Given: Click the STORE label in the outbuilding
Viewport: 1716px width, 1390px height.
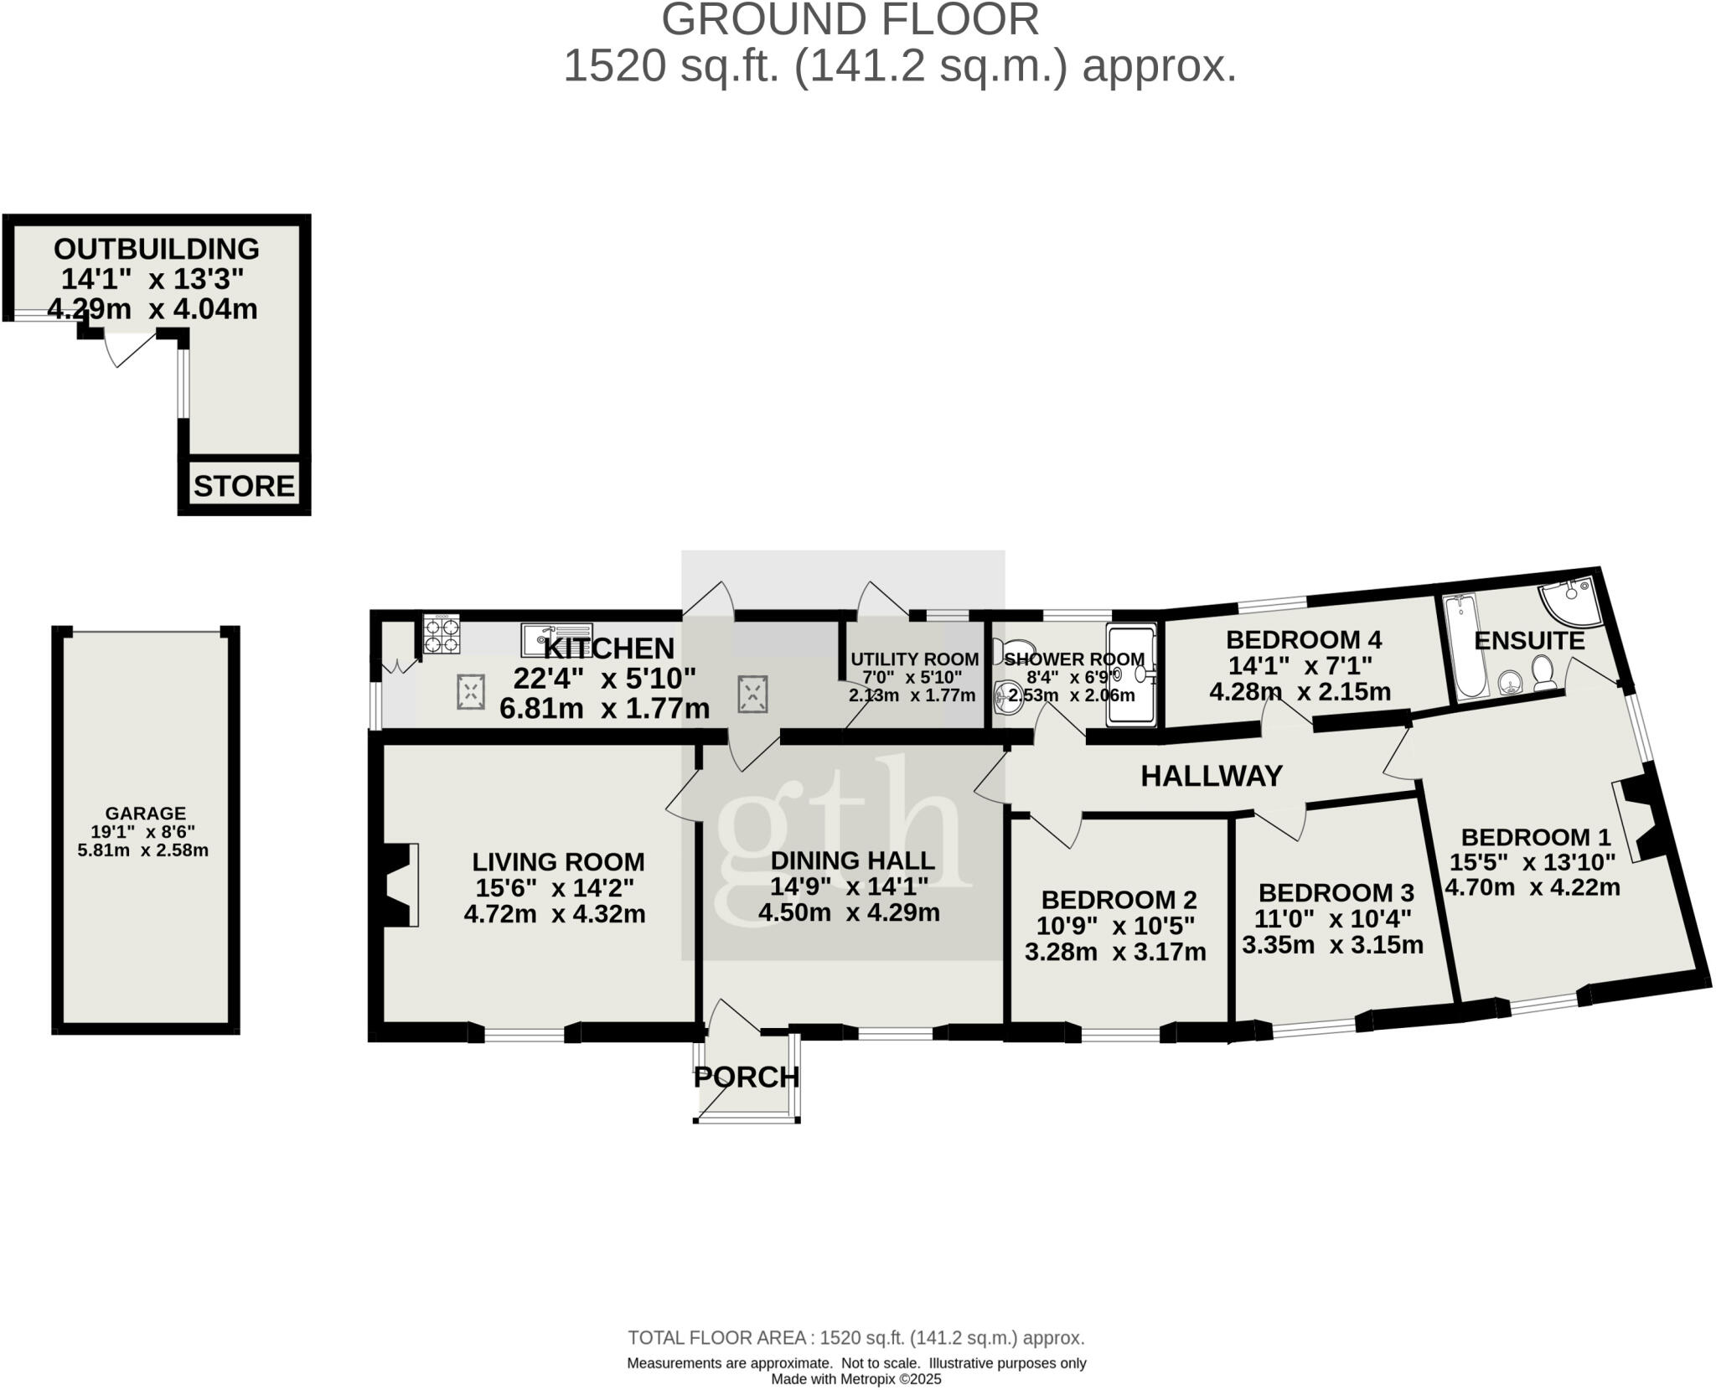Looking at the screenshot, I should coord(244,486).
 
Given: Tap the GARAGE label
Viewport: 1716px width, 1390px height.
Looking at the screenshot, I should coord(146,814).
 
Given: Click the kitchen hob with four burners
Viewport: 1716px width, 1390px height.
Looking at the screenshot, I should coord(442,634).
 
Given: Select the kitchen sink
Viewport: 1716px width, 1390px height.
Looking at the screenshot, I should coord(556,640).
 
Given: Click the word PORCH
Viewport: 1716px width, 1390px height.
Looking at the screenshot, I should coord(747,1077).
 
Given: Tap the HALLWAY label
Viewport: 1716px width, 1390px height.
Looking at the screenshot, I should coord(1212,776).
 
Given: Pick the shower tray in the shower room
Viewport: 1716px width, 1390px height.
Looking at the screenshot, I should coord(1132,674).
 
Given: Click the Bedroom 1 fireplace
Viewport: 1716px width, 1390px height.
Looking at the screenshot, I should coord(1636,819).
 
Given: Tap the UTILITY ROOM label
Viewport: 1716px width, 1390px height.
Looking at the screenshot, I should coord(914,659).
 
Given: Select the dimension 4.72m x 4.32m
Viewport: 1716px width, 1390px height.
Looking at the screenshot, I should coord(555,913).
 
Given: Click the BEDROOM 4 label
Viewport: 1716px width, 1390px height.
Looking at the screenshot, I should coord(1303,640).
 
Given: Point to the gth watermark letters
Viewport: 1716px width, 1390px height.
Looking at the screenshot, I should coord(838,829).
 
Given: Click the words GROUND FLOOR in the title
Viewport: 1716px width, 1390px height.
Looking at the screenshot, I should coord(850,20).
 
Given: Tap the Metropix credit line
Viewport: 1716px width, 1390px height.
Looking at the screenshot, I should coord(856,1379).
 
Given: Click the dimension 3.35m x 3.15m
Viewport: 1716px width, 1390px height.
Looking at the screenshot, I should coord(1332,945).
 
